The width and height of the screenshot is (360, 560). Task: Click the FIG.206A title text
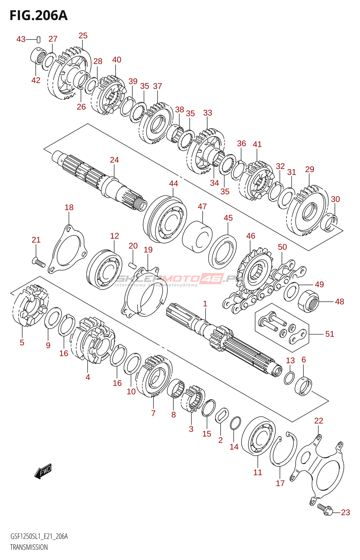pyautogui.click(x=39, y=16)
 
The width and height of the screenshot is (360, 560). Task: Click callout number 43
pyautogui.click(x=21, y=39)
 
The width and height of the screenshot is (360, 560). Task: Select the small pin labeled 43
pyautogui.click(x=38, y=40)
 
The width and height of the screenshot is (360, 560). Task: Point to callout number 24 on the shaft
pyautogui.click(x=114, y=160)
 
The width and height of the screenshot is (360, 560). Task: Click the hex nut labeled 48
pyautogui.click(x=308, y=301)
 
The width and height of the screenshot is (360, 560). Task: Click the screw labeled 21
pyautogui.click(x=39, y=262)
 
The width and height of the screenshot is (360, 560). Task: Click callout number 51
pyautogui.click(x=330, y=334)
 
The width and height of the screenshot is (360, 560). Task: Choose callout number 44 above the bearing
pyautogui.click(x=173, y=183)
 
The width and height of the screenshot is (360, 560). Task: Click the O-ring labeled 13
pyautogui.click(x=289, y=378)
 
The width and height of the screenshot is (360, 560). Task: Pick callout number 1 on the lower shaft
pyautogui.click(x=205, y=304)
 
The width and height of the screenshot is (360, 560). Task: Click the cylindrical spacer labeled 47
pyautogui.click(x=197, y=237)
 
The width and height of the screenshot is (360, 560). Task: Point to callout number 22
pyautogui.click(x=319, y=421)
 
